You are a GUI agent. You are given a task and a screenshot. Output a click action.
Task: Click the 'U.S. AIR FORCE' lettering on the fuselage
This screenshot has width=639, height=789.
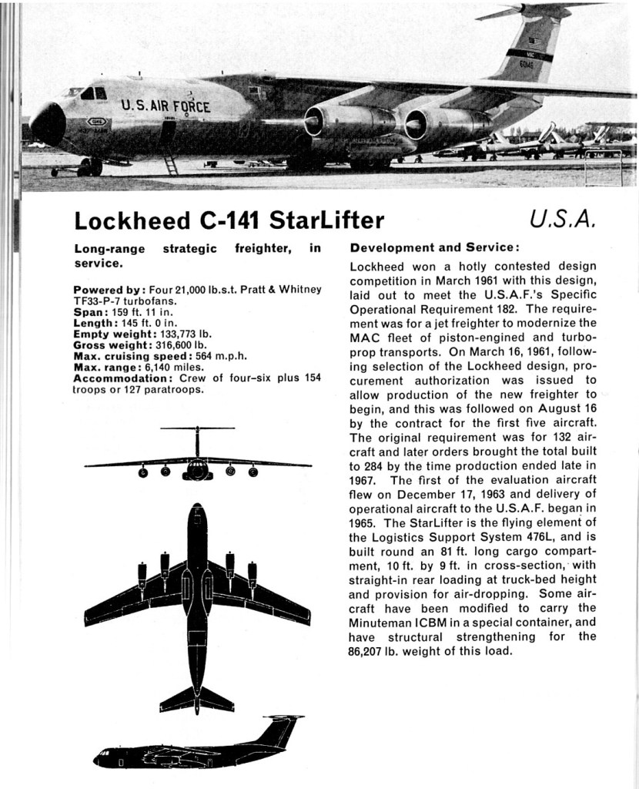165,106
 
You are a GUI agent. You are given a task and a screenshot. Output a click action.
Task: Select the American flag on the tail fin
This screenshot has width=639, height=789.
534,43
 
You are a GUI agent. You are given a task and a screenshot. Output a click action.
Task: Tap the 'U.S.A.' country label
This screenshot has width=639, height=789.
564,220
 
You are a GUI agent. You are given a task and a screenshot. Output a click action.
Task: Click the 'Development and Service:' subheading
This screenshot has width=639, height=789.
434,248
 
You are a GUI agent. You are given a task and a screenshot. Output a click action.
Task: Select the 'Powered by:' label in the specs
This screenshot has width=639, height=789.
108,290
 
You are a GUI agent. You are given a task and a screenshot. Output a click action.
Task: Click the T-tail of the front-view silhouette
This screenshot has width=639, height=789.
197,428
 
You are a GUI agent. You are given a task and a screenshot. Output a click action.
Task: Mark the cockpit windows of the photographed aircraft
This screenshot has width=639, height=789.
94,93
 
